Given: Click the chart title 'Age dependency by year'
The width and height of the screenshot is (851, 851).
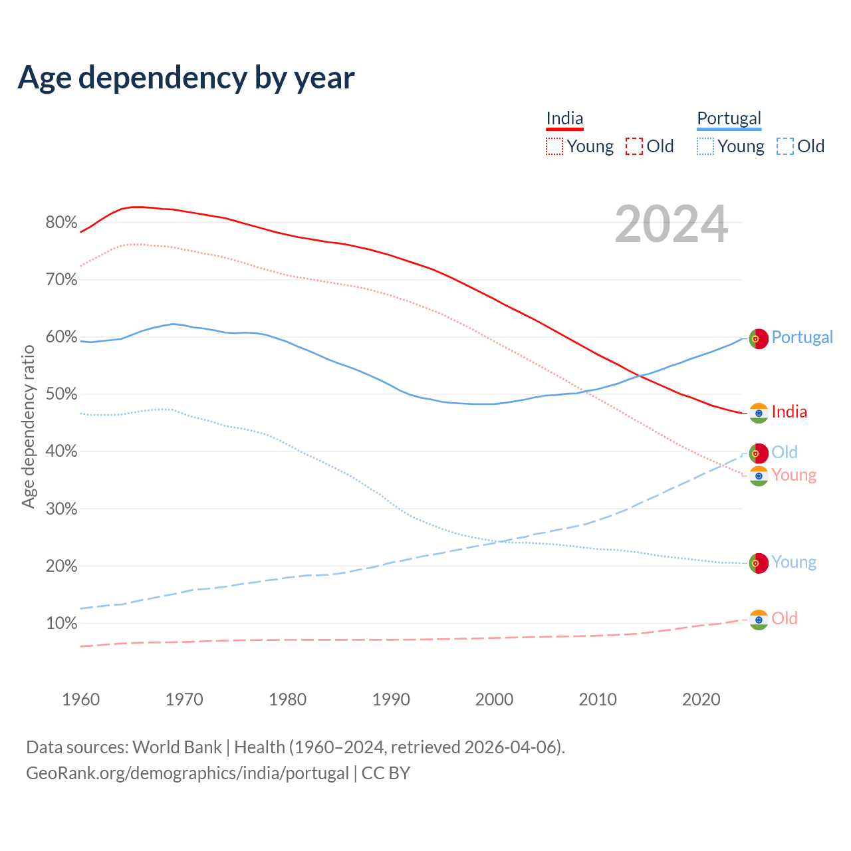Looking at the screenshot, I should click(186, 78).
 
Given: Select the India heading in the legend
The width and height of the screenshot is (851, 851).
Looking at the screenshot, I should click(564, 118).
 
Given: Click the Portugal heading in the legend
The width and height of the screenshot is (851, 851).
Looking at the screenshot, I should click(729, 118).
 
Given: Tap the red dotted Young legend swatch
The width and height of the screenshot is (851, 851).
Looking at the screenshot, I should click(554, 146).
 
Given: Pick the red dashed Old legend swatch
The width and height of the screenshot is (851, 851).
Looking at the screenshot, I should click(634, 146).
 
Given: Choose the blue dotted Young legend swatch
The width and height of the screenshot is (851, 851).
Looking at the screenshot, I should click(705, 146).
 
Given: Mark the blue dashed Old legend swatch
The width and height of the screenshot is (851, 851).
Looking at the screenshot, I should click(785, 146).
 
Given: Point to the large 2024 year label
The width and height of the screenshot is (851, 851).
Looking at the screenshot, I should click(671, 225).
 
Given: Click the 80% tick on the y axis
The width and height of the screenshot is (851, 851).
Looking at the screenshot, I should click(61, 223).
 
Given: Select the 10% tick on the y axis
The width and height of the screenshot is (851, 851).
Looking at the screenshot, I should click(61, 624).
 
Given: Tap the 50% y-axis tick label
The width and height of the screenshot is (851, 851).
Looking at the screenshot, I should click(61, 394).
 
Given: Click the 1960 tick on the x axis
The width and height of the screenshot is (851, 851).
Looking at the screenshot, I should click(80, 699).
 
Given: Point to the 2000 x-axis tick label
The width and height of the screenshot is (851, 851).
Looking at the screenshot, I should click(494, 699).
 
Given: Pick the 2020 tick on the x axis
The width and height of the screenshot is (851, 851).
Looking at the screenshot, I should click(701, 699).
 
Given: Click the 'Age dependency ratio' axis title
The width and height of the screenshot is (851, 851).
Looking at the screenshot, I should click(28, 426).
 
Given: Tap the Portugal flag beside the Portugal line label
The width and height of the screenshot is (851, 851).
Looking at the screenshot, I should click(759, 338).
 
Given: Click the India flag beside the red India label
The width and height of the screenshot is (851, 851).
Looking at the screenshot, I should click(759, 413).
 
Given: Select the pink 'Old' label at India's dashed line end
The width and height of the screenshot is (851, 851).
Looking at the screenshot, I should click(785, 618).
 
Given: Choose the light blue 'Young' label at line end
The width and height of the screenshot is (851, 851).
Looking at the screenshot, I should click(794, 562).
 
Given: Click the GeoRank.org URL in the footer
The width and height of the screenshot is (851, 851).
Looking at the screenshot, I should click(187, 773).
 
